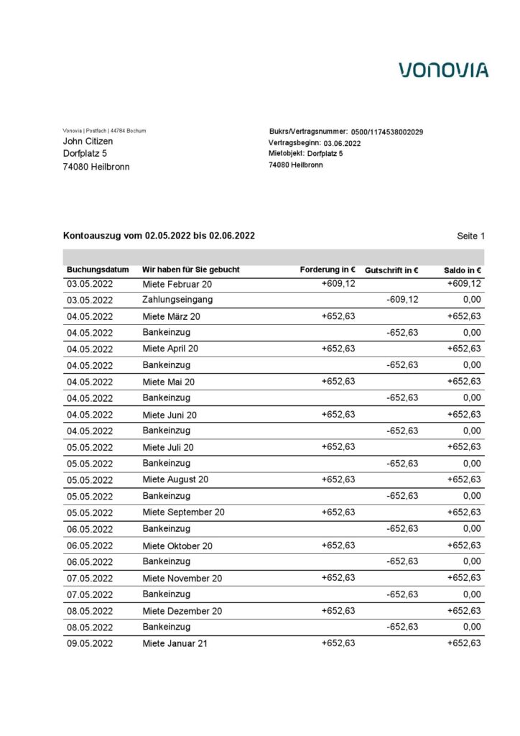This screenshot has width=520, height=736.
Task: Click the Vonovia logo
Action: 444,70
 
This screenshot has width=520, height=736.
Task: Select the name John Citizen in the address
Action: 88,142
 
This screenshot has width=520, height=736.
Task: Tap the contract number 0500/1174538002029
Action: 386,132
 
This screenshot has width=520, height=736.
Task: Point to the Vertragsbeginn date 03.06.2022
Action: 342,143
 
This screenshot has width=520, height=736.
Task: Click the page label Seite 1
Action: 470,236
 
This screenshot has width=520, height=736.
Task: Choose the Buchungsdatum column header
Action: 98,270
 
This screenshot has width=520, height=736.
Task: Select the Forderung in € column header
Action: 328,270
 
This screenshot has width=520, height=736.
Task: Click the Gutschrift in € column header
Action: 391,270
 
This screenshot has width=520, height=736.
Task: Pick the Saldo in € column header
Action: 463,270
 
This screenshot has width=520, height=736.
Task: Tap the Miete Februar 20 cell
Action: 177,284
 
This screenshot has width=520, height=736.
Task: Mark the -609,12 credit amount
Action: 402,300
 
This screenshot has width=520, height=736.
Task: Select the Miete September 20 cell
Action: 183,512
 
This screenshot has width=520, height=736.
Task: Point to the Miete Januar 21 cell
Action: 175,643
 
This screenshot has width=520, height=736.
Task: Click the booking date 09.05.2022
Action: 90,643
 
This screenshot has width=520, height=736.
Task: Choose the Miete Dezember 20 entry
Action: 182,611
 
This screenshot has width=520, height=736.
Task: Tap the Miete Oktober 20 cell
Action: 177,546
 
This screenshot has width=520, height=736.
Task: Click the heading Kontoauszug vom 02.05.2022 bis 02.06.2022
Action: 159,236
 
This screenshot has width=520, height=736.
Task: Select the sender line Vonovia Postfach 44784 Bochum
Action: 104,131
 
